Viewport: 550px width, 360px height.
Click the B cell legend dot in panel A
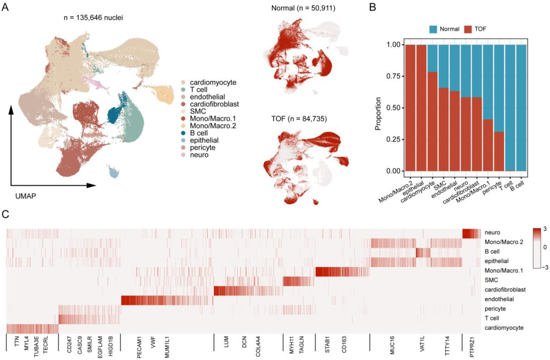click(x=183, y=133)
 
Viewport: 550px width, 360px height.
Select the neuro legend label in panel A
click(x=199, y=155)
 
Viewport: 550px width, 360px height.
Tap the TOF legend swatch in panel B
click(x=468, y=29)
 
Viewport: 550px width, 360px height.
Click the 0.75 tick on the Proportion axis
click(x=394, y=76)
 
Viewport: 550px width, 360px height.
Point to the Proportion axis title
click(x=378, y=114)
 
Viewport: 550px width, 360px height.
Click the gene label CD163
click(x=344, y=345)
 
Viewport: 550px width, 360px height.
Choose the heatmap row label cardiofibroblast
click(x=505, y=289)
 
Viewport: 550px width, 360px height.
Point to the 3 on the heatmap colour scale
click(x=544, y=229)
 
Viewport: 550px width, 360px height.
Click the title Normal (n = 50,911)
click(x=303, y=8)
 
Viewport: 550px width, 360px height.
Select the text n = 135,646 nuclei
click(x=93, y=18)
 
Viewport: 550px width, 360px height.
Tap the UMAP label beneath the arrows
click(x=26, y=196)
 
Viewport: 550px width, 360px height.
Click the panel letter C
click(x=5, y=214)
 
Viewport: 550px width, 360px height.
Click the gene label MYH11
click(x=292, y=345)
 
